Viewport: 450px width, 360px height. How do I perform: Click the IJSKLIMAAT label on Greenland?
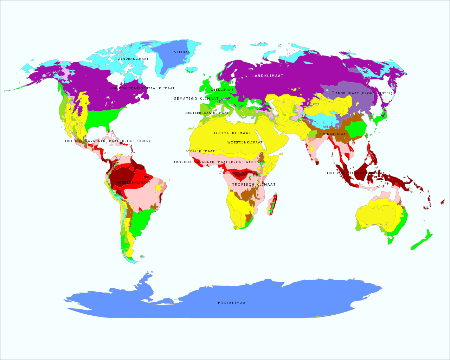[181, 52]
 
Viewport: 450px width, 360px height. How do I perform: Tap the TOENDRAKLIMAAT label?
[132, 59]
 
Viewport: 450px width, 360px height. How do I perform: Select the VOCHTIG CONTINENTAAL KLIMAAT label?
[142, 88]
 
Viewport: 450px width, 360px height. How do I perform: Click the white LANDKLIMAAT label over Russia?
[268, 76]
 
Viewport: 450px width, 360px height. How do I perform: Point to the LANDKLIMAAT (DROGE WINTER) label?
[363, 93]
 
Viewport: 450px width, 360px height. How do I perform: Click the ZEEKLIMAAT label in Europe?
[222, 90]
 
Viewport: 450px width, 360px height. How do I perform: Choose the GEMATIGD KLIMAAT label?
[196, 99]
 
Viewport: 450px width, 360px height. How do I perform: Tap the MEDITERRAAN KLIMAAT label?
[207, 113]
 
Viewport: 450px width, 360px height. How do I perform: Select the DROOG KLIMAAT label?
[233, 133]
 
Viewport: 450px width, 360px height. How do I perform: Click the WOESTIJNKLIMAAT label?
[245, 142]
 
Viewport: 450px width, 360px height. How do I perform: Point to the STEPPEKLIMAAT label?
[200, 151]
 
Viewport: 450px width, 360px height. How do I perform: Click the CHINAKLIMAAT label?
[334, 134]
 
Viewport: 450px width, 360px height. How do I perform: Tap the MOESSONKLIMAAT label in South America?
[133, 182]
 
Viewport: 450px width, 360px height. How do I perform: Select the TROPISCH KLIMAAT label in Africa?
[254, 184]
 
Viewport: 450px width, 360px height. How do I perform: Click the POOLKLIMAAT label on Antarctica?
[233, 303]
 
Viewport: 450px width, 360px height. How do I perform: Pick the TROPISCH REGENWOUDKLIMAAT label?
[356, 173]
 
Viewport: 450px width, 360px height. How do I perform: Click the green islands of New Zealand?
[422, 241]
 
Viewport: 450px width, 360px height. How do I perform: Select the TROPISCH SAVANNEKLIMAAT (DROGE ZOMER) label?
[107, 141]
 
